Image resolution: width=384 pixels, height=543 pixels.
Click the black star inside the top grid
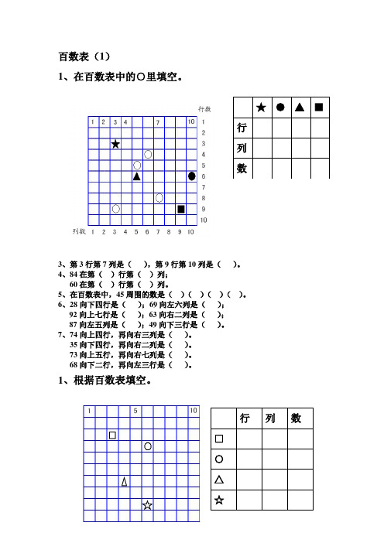(x=115, y=144)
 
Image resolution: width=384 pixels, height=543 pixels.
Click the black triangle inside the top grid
(x=137, y=176)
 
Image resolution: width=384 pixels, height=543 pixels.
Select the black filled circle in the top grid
(x=192, y=176)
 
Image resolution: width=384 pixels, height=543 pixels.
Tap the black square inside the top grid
(x=181, y=209)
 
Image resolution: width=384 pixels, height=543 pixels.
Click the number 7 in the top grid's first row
(x=158, y=122)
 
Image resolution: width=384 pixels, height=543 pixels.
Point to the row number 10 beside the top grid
(x=204, y=220)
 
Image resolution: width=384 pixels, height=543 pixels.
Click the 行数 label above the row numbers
(x=204, y=109)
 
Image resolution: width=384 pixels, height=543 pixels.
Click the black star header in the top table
(x=261, y=107)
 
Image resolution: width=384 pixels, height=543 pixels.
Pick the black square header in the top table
(x=318, y=107)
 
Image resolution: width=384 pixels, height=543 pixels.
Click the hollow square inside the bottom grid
(x=113, y=435)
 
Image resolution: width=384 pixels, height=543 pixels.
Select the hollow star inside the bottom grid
(x=147, y=505)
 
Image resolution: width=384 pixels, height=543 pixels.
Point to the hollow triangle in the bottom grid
(x=124, y=482)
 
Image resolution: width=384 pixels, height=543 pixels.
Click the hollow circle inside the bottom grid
(x=147, y=446)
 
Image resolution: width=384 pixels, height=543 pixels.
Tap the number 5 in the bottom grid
(x=135, y=411)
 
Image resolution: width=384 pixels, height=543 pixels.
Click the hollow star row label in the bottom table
(x=219, y=500)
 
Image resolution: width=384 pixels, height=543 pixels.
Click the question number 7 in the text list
(x=61, y=336)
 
